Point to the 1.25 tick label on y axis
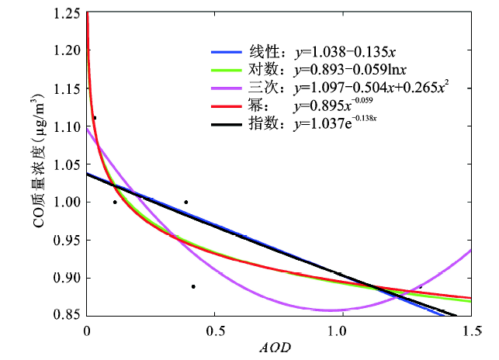tap(67, 14)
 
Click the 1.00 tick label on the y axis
tap(67, 202)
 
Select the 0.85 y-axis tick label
tap(67, 315)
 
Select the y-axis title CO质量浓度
tap(36, 165)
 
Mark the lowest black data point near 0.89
tap(193, 286)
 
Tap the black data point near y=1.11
tap(95, 118)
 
